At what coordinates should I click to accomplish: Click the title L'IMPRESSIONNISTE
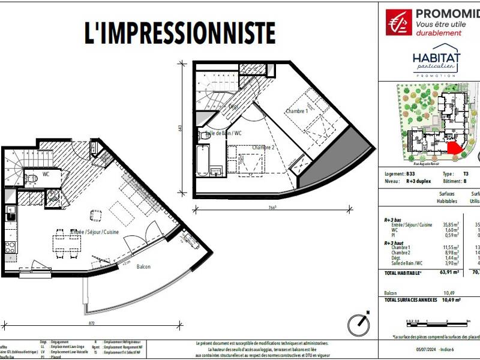(181, 33)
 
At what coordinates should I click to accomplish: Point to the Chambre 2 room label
(263, 148)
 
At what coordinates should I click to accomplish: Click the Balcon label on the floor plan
(143, 267)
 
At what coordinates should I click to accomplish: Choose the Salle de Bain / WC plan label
(224, 133)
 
